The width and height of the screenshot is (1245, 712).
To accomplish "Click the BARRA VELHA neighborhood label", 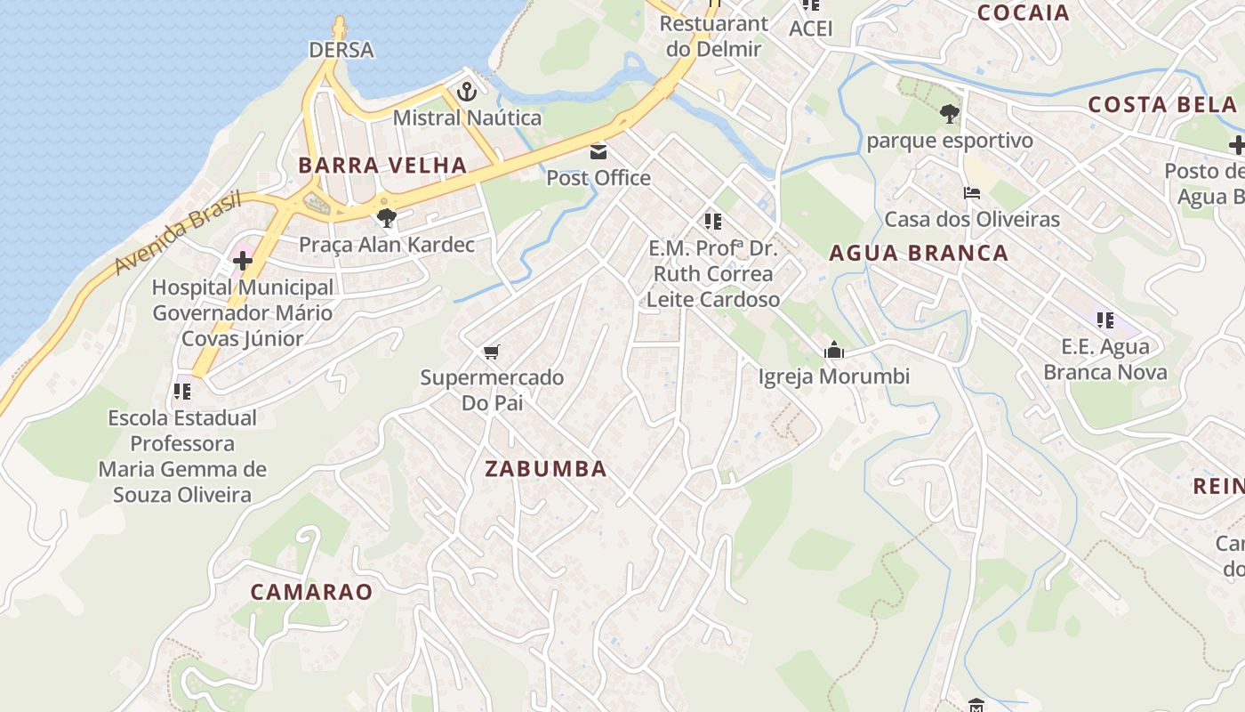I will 382,165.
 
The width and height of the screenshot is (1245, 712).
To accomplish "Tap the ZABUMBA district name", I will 546,469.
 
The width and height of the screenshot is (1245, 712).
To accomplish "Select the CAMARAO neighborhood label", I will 311,592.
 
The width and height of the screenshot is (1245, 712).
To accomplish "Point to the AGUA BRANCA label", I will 919,253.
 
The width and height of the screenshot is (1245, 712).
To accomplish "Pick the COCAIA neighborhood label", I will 1023,12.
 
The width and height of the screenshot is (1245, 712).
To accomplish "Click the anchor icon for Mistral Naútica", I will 467,92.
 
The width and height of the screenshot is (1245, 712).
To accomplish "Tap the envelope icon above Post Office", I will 598,152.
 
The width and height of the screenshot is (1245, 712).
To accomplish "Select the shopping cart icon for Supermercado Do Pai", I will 492,352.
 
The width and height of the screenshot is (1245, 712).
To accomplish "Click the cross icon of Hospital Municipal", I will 242,261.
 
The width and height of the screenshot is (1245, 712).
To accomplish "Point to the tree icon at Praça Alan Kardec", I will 386,218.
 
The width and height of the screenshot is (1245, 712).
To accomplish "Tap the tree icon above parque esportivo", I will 950,114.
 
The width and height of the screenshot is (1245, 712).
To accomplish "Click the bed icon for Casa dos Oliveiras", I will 971,193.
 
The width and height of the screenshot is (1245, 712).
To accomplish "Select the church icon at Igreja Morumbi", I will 833,351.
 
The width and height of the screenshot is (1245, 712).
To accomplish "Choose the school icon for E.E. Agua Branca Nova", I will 1104,320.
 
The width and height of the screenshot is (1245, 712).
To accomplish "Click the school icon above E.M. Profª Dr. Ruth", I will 712,221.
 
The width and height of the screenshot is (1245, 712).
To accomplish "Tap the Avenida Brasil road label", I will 178,233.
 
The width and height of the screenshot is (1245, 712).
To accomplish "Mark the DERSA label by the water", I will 341,50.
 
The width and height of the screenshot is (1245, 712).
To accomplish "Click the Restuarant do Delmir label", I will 713,36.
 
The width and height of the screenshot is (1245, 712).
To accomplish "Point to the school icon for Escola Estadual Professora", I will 182,391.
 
